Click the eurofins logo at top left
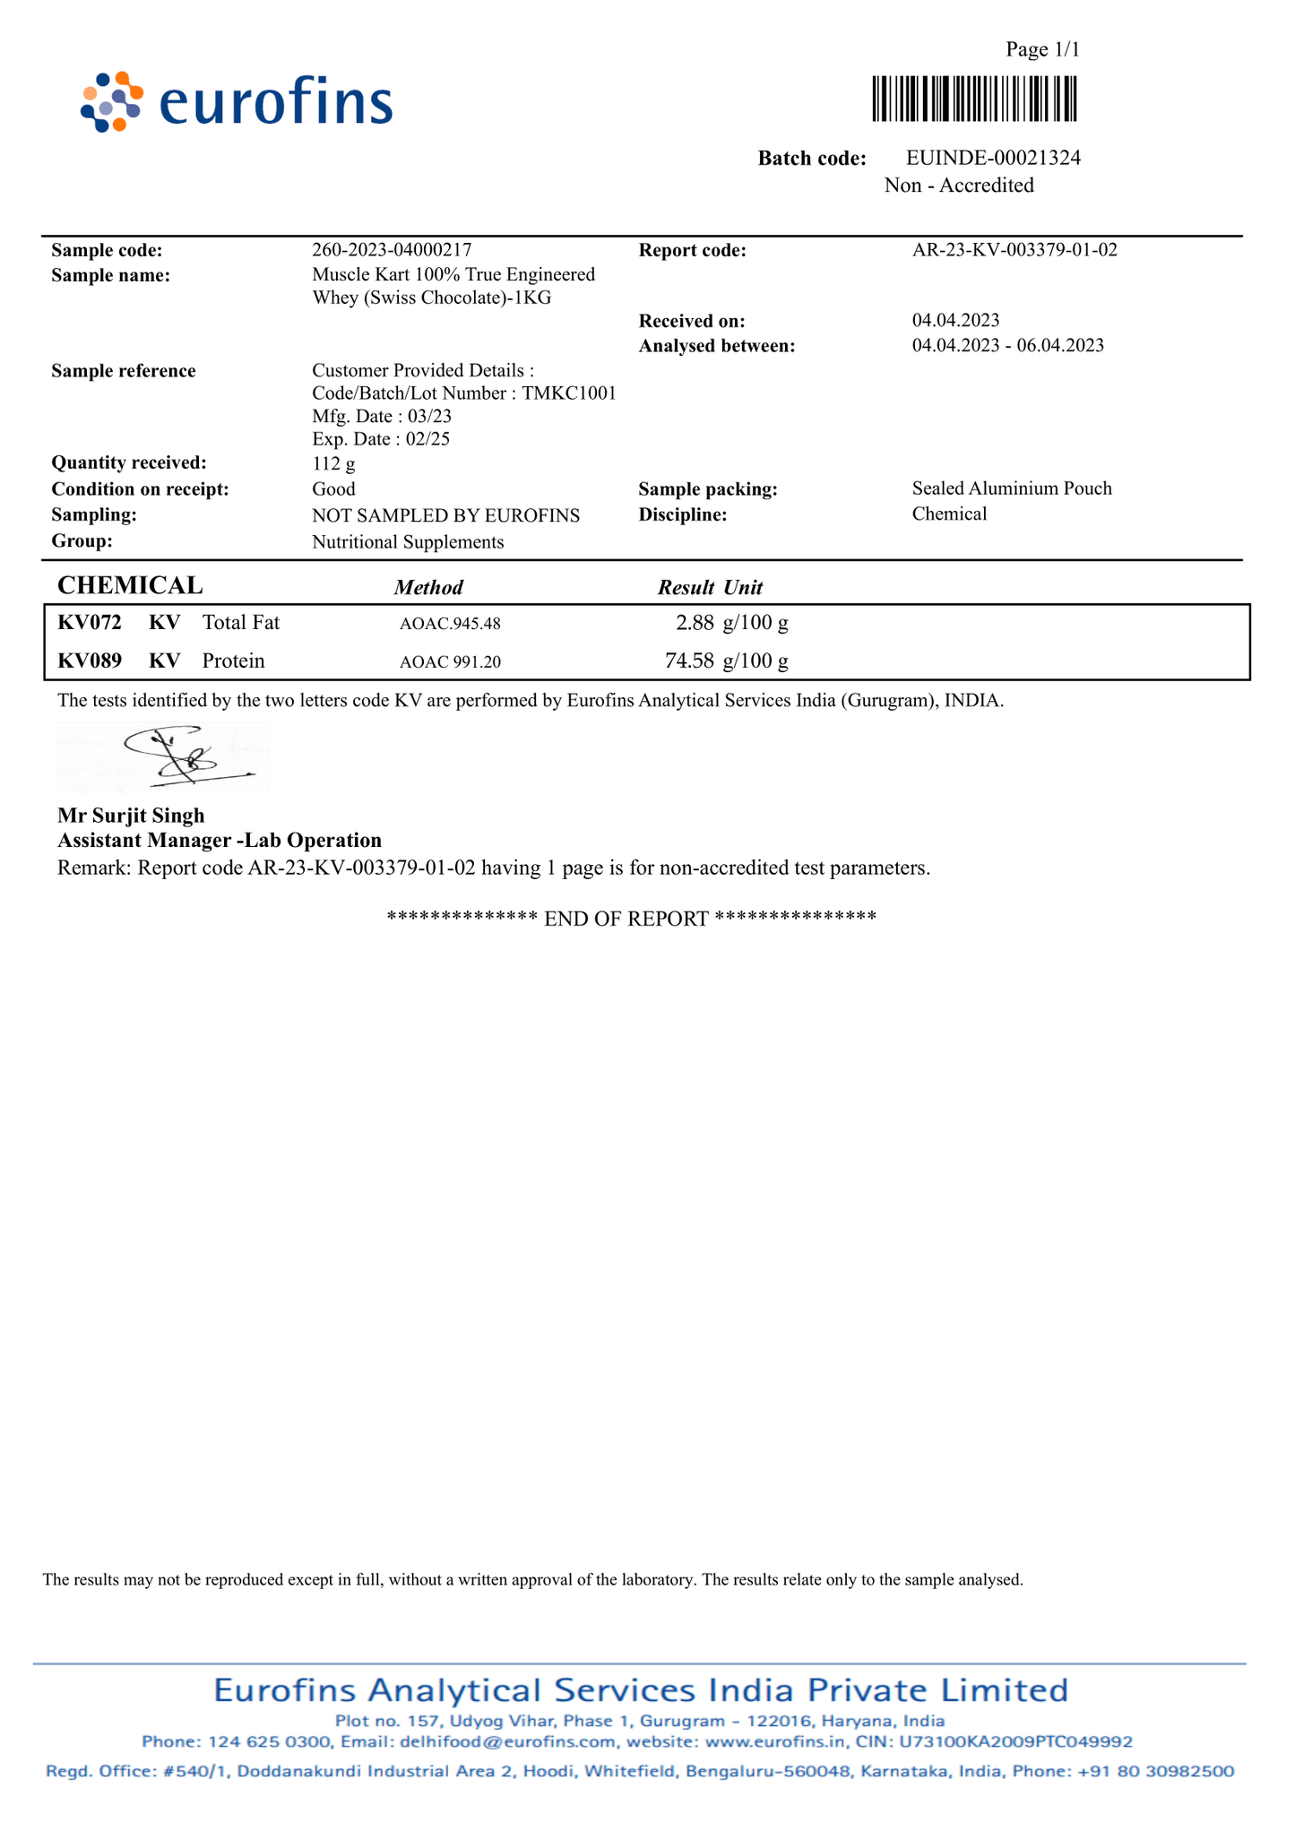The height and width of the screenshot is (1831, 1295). tap(237, 102)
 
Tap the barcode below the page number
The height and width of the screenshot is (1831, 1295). tap(974, 99)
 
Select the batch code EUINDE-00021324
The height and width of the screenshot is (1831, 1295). tap(993, 159)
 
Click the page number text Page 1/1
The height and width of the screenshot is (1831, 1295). tap(1042, 49)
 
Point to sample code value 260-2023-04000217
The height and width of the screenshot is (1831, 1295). tap(392, 250)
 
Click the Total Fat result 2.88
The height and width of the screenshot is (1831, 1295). tap(695, 622)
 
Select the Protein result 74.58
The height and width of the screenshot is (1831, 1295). tap(689, 661)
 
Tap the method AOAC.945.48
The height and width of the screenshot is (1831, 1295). tap(450, 624)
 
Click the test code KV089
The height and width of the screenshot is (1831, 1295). tap(90, 661)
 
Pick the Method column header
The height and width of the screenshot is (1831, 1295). tap(428, 588)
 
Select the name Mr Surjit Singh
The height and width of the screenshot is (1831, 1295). tap(131, 816)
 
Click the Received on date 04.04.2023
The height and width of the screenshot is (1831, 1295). tap(955, 321)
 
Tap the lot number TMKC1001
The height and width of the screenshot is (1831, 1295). tap(568, 393)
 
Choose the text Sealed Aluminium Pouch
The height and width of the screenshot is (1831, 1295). tap(1012, 488)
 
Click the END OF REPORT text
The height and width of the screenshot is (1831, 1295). tap(626, 919)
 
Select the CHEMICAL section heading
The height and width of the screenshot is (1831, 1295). tap(130, 586)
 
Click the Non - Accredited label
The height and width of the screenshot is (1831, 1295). tap(958, 186)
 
